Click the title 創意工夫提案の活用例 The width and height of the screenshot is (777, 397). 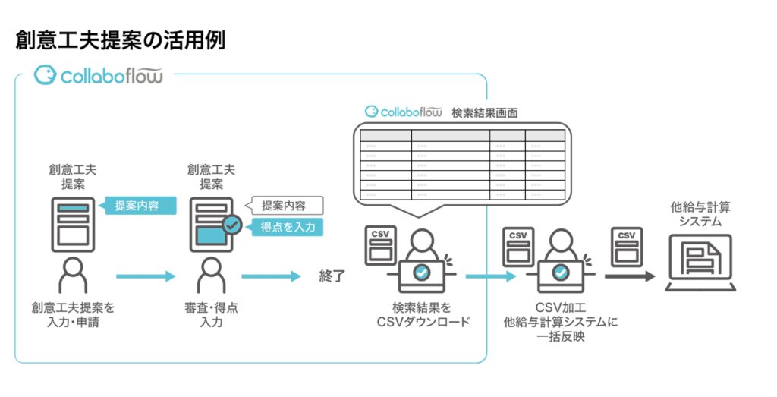120,40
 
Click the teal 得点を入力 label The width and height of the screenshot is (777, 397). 288,226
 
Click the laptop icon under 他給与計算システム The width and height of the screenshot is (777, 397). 700,263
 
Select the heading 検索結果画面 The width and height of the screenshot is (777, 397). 485,112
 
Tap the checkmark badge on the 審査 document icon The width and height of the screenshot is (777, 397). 232,225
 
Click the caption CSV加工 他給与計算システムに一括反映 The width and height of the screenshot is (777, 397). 561,322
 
